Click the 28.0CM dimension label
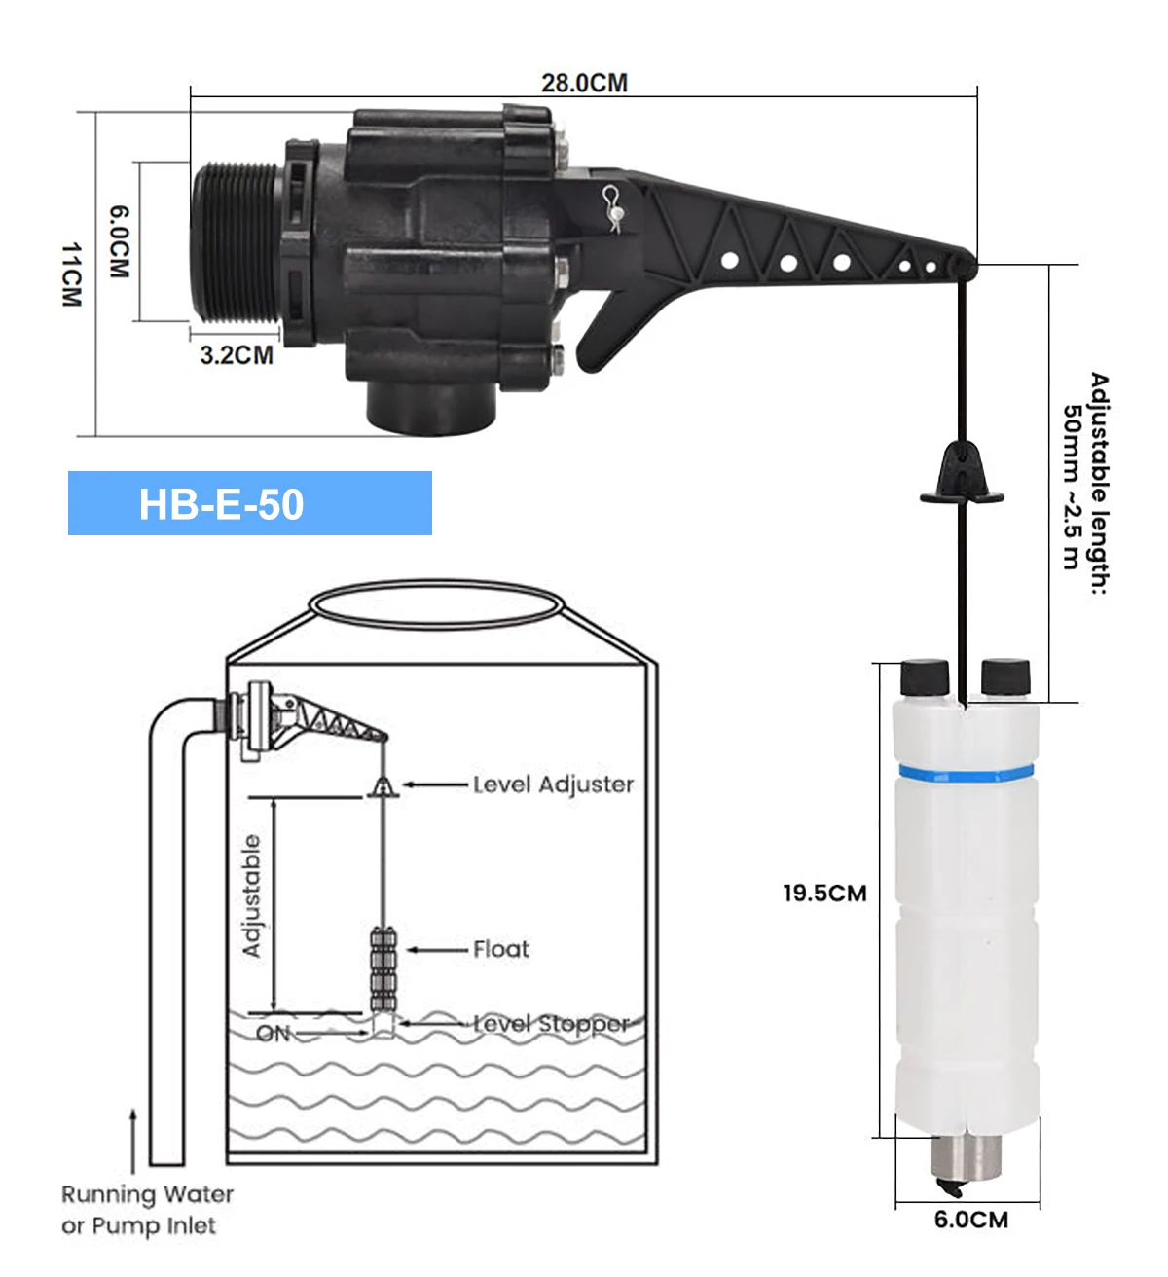584,83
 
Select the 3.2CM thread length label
237,354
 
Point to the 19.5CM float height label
824,894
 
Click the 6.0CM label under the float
971,1220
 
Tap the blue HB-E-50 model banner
249,503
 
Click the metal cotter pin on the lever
613,209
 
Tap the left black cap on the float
925,677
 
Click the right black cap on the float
1005,676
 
